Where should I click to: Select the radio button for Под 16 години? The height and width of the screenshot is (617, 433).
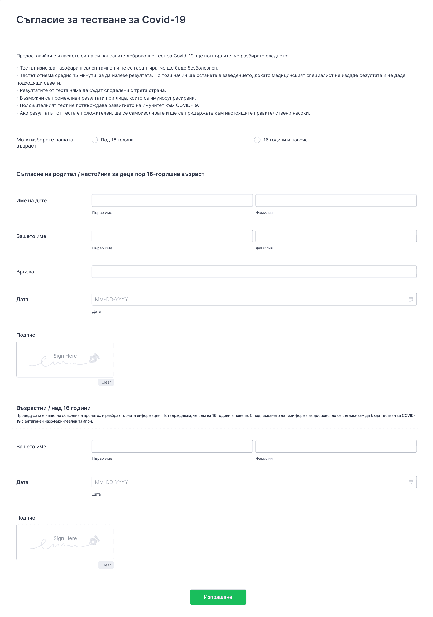(95, 140)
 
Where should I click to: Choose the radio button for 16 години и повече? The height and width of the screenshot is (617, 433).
(257, 140)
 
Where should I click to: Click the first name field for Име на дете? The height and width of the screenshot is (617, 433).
(172, 200)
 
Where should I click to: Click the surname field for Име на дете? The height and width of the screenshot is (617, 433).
(336, 200)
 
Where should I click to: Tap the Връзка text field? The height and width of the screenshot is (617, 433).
(254, 272)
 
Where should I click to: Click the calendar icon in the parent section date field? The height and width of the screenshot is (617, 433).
(411, 299)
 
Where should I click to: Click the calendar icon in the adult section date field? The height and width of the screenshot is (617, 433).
(411, 482)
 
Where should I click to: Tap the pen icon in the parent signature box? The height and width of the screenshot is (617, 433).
(94, 358)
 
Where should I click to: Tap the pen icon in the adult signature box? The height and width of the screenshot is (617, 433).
(94, 540)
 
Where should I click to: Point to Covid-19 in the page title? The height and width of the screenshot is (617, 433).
(164, 20)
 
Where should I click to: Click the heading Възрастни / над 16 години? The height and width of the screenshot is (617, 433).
(54, 408)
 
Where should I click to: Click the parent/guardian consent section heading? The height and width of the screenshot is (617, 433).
(110, 174)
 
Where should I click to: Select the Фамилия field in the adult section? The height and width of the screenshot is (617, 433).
(336, 446)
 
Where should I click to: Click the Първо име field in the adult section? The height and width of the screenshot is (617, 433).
(172, 446)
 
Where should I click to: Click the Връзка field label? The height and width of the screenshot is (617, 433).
(25, 272)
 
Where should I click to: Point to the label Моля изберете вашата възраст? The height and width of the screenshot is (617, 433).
(45, 143)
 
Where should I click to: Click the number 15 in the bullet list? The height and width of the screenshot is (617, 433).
(75, 76)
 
